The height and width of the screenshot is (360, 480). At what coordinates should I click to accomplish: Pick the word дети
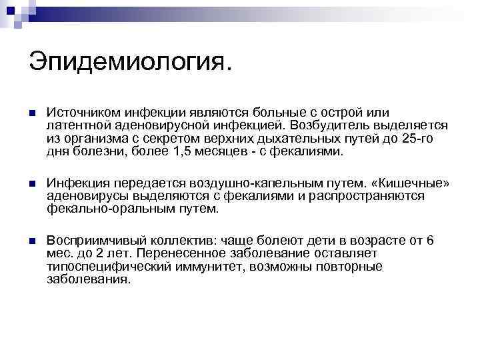tap(313, 240)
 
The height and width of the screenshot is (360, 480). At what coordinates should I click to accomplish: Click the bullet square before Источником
tap(33, 113)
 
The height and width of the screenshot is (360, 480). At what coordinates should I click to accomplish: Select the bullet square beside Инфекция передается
tap(33, 183)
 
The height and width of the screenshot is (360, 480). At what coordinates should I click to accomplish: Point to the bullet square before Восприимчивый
tap(33, 241)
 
